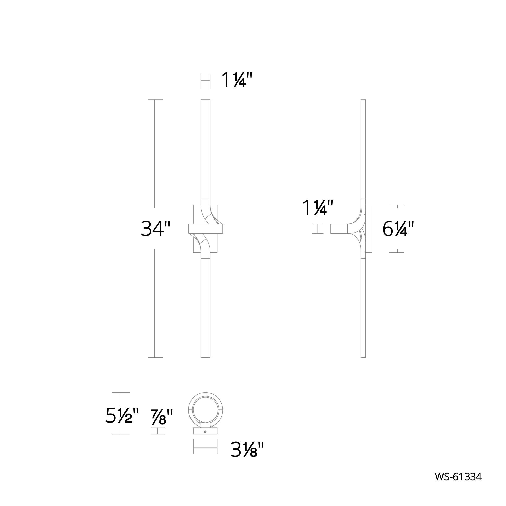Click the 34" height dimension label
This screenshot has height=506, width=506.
tap(156, 229)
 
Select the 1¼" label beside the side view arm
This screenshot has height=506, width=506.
tap(318, 207)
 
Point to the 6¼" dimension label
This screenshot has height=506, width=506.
tap(398, 229)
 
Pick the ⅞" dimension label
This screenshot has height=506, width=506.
tap(162, 417)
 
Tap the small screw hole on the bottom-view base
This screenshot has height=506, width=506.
tap(205, 432)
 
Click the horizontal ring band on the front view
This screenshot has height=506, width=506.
tap(205, 229)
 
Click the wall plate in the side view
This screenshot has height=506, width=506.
tap(369, 229)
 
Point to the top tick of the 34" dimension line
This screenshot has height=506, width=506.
tap(155, 100)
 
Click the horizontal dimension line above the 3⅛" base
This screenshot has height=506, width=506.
tap(205, 448)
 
